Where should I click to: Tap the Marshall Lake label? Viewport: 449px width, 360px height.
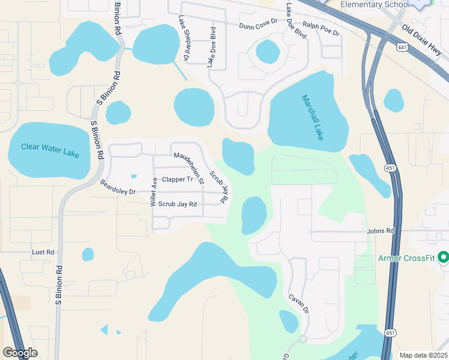coord(313,118)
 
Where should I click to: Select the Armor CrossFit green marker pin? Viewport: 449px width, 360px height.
coord(444,257)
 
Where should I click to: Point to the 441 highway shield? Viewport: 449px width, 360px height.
coord(403,46)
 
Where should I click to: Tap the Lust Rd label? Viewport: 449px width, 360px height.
coord(43,253)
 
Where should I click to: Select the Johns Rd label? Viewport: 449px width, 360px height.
coord(381,230)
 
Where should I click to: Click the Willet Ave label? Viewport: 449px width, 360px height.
coord(154,192)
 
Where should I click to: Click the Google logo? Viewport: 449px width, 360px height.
coord(20,353)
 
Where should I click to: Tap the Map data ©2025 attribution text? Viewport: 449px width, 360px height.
coord(423,355)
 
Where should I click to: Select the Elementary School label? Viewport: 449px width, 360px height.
coord(374,5)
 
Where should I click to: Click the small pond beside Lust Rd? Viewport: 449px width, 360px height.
coord(88,254)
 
